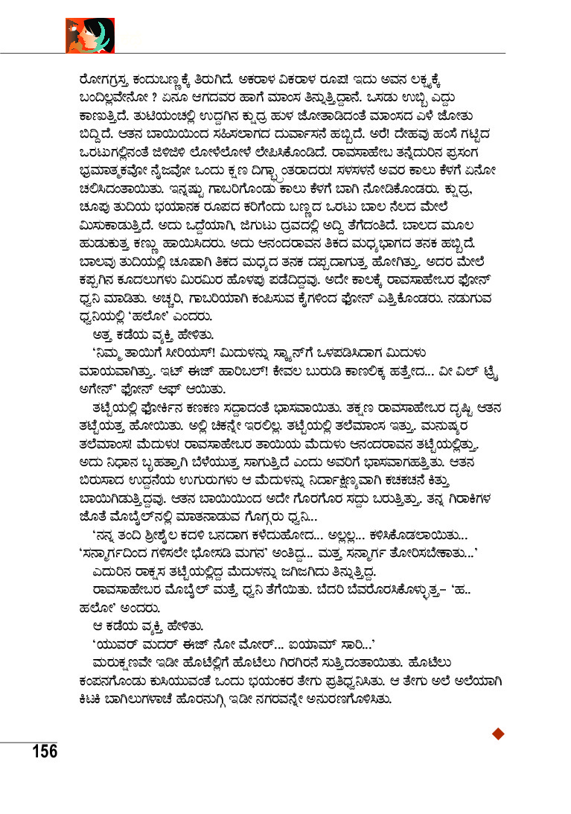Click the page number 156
(x=44, y=750)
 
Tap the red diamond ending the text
(x=499, y=734)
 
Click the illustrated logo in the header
(x=89, y=34)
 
